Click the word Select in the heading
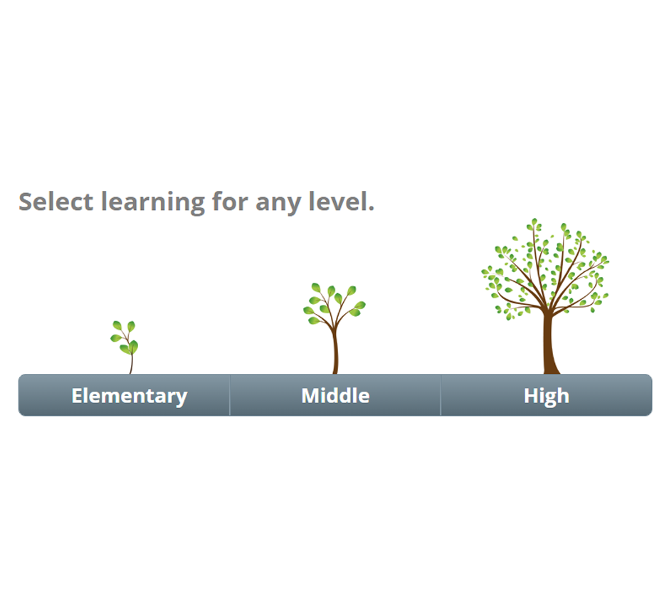point(56,202)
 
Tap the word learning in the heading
point(153,202)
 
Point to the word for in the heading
point(230,201)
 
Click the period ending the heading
point(371,209)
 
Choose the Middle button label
point(335,396)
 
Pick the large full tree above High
point(545,296)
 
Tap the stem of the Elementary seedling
point(131,364)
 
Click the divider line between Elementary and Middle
point(230,395)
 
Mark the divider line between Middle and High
point(441,395)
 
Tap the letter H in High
point(532,396)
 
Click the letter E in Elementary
point(77,396)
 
